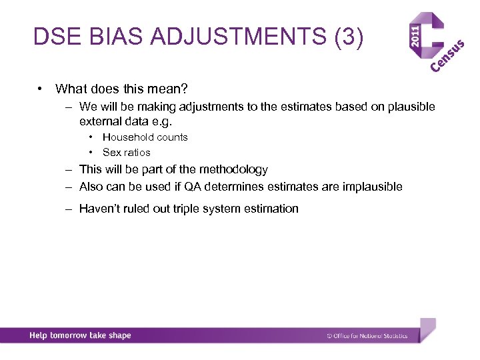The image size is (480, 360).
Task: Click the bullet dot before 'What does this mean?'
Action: (x=41, y=89)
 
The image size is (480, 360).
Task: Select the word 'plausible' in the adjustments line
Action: (x=411, y=107)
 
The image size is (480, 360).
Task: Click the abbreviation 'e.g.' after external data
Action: (x=171, y=122)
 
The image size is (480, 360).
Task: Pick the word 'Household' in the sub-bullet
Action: (x=127, y=137)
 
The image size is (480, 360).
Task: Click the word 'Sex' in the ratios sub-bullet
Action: (x=111, y=153)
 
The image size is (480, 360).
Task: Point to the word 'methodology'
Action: (x=233, y=170)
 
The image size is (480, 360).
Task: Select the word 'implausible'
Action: (x=373, y=187)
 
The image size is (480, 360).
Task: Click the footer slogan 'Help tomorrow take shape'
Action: (x=80, y=336)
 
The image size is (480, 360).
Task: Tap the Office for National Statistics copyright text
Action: (x=367, y=336)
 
